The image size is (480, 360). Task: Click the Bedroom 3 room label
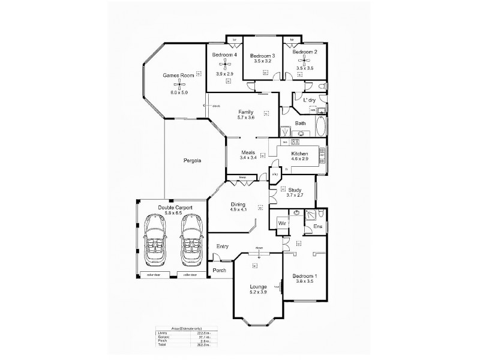pyautogui.click(x=262, y=55)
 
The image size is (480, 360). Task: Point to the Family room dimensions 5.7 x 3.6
pyautogui.click(x=245, y=118)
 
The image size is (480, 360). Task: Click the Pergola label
pyautogui.click(x=192, y=161)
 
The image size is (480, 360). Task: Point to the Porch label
pyautogui.click(x=219, y=271)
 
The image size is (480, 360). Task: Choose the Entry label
pyautogui.click(x=223, y=246)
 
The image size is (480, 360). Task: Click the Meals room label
pyautogui.click(x=248, y=152)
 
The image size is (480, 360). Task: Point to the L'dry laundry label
pyautogui.click(x=309, y=99)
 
